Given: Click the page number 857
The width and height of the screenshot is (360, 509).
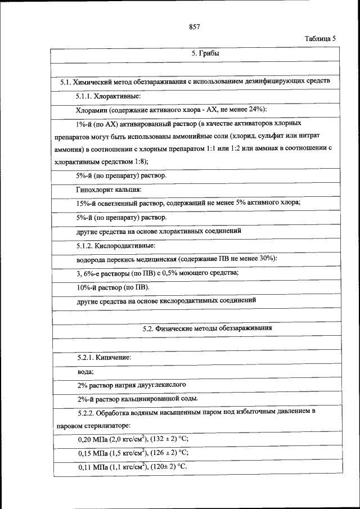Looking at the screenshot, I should pyautogui.click(x=195, y=26).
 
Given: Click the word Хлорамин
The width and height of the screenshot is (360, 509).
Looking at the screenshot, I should pyautogui.click(x=92, y=109).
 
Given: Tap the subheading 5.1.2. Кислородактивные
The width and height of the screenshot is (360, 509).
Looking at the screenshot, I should pyautogui.click(x=116, y=246).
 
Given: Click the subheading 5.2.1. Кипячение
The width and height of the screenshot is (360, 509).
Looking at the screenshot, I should pyautogui.click(x=105, y=357).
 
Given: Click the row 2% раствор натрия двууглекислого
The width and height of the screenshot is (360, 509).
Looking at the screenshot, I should pyautogui.click(x=132, y=385).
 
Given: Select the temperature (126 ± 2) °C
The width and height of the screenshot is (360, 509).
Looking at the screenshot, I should pyautogui.click(x=168, y=452).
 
